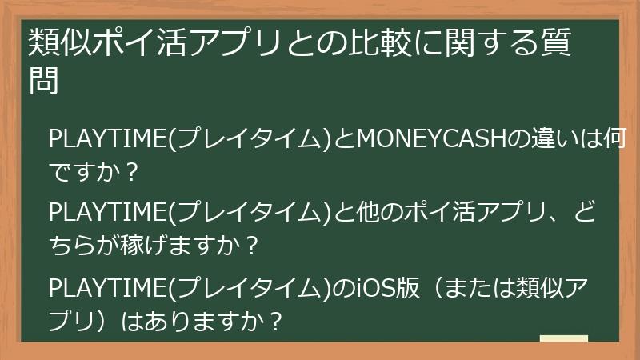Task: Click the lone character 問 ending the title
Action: tap(45, 82)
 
